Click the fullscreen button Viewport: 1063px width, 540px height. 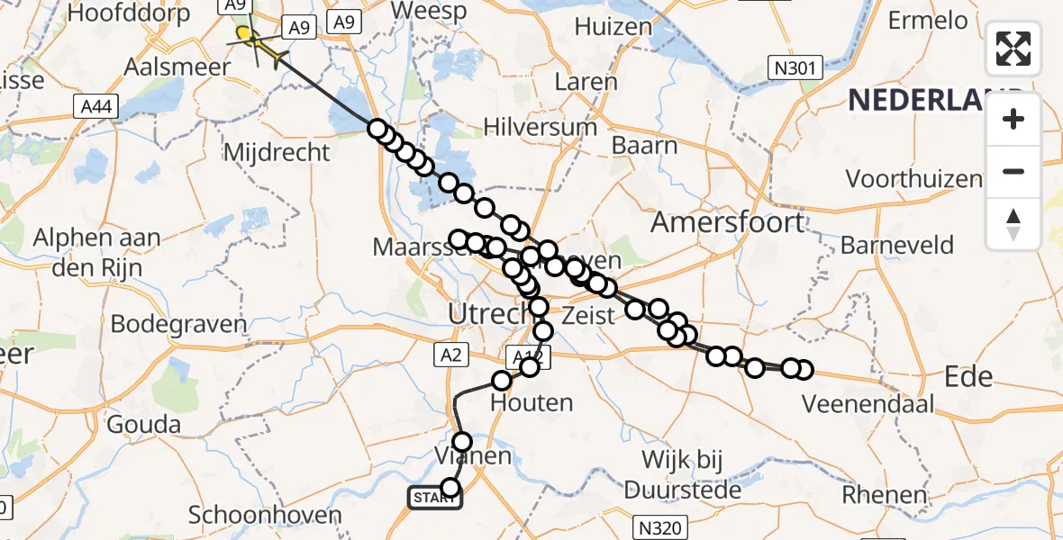point(1013,49)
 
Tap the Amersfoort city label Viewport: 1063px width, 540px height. point(727,221)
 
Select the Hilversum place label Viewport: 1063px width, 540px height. point(540,127)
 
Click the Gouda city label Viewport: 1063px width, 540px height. point(142,424)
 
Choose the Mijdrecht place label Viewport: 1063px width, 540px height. point(276,152)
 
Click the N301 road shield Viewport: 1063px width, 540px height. point(795,67)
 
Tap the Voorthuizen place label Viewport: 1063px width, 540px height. point(913,178)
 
